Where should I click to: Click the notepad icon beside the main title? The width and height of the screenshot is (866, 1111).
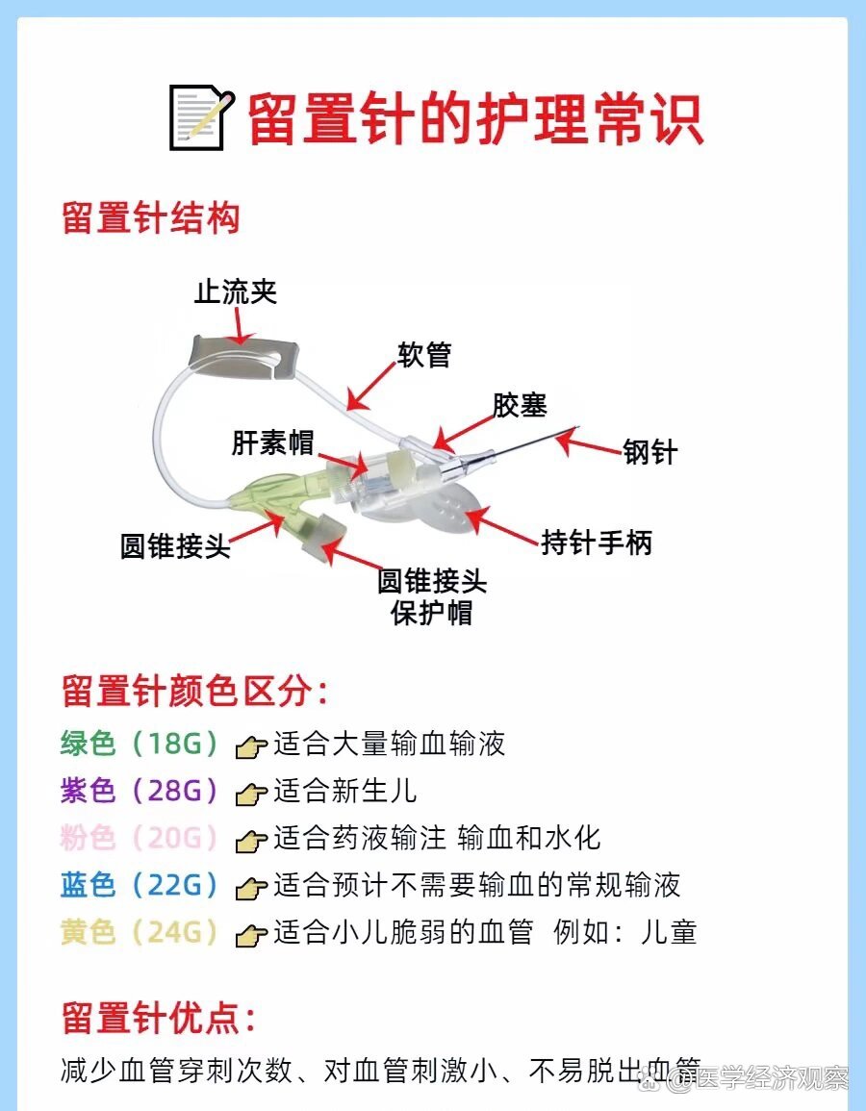pos(201,117)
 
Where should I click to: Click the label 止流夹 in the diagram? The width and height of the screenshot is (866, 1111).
pos(236,291)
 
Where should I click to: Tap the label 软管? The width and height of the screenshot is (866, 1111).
pos(424,354)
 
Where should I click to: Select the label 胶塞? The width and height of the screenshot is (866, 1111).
pos(520,405)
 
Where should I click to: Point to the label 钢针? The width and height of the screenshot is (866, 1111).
pos(650,451)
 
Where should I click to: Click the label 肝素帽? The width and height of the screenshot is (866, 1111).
pos(272,442)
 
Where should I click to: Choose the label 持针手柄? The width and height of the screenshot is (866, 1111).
pos(596,543)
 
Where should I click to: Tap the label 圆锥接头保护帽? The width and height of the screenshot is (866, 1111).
pos(432,596)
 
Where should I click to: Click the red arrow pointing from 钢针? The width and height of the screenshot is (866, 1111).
pos(588,443)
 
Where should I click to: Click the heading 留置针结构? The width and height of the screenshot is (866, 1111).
pos(150,218)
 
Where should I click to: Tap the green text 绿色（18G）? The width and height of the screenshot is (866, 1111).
pos(140,744)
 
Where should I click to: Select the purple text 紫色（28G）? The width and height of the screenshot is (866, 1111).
pos(140,791)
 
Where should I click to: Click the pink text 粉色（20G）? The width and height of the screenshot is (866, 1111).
pos(140,838)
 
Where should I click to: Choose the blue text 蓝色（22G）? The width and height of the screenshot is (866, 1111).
pos(140,885)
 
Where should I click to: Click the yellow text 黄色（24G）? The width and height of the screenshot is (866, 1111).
pos(140,932)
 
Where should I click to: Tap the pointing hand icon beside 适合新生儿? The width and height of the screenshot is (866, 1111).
pos(251,794)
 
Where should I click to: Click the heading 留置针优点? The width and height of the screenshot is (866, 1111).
pos(159,1018)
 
